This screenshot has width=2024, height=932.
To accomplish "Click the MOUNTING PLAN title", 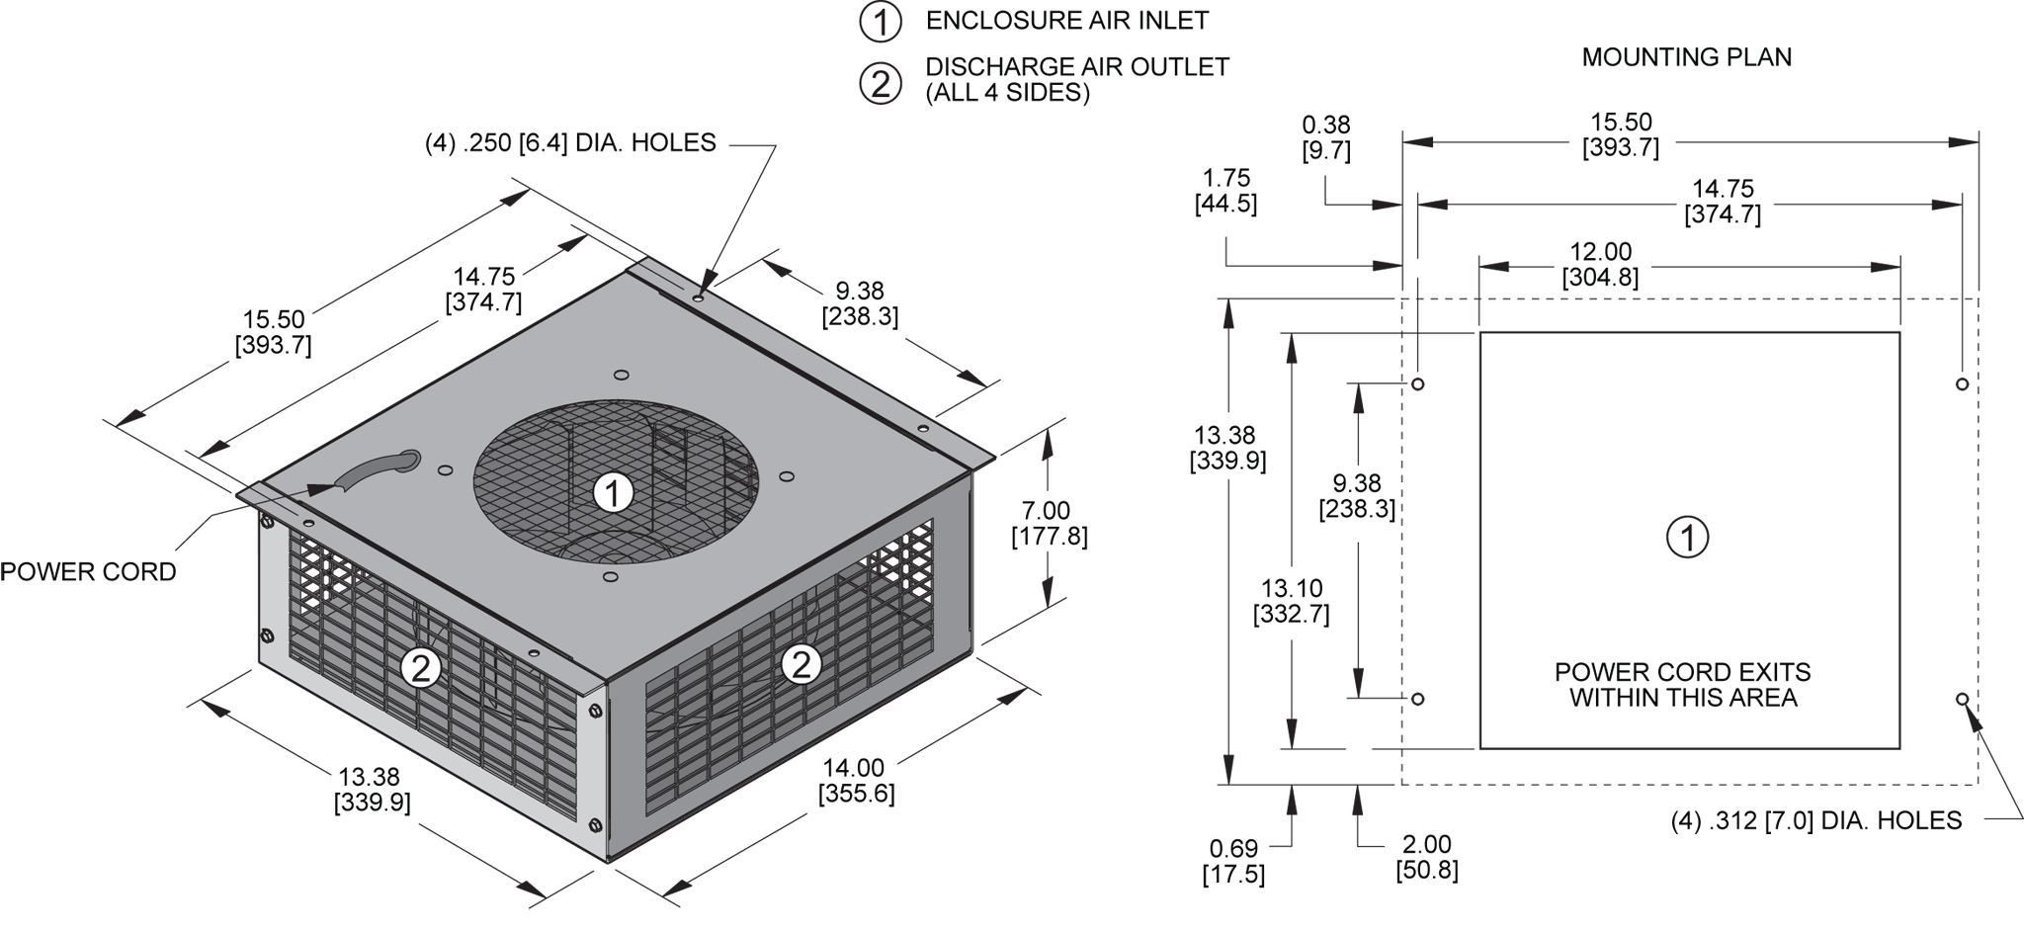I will point(1686,57).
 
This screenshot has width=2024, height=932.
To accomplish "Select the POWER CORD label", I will point(88,572).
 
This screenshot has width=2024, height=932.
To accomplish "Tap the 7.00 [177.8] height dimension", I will point(1047,524).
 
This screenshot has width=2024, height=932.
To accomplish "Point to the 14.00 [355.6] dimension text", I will point(856,781).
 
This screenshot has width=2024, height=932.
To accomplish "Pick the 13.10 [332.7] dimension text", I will point(1291,602).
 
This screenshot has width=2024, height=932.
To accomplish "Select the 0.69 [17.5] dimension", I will point(1233,861).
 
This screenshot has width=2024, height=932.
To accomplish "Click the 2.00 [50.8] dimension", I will point(1426,857).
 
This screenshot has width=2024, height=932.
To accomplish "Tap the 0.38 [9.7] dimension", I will point(1326,137).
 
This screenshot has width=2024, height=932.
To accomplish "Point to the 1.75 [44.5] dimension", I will point(1225,191).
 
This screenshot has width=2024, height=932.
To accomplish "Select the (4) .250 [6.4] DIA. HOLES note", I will point(570,143).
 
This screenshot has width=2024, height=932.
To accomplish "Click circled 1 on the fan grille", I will point(614,492).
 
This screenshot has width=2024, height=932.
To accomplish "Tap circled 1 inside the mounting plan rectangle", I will point(1687,538).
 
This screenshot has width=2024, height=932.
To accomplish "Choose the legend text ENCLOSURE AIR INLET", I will point(1066,20).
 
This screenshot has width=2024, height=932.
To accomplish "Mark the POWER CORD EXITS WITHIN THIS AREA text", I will point(1682,685).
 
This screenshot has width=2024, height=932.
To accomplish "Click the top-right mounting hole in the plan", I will point(1962,383).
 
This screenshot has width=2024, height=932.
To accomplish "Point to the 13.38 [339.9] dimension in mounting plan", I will point(1228,448).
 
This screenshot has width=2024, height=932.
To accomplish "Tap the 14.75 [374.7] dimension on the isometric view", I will point(484,290).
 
